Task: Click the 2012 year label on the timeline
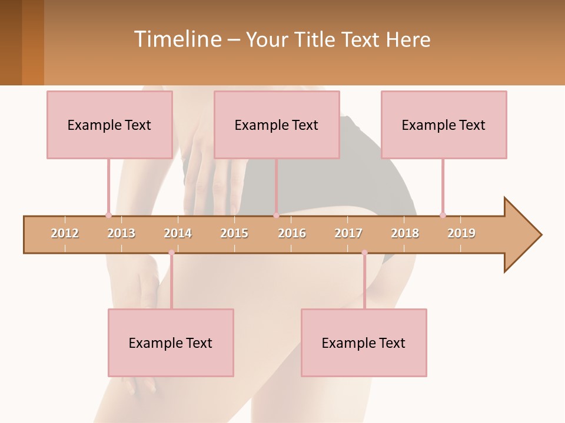click(65, 233)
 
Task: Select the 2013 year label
click(121, 233)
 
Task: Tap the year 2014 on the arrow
click(178, 233)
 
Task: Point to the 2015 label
click(234, 233)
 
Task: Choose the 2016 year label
click(292, 233)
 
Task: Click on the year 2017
click(348, 233)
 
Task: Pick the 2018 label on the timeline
click(405, 233)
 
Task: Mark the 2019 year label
click(461, 233)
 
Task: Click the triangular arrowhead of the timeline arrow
click(521, 235)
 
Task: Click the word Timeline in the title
click(177, 39)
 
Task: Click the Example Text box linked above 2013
click(109, 125)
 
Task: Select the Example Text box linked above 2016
click(277, 125)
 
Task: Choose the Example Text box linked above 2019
click(444, 125)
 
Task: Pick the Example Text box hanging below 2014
click(171, 343)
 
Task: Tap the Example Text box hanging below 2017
click(364, 343)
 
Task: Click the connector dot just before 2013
click(108, 215)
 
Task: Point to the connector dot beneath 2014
click(171, 253)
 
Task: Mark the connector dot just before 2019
click(443, 215)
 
